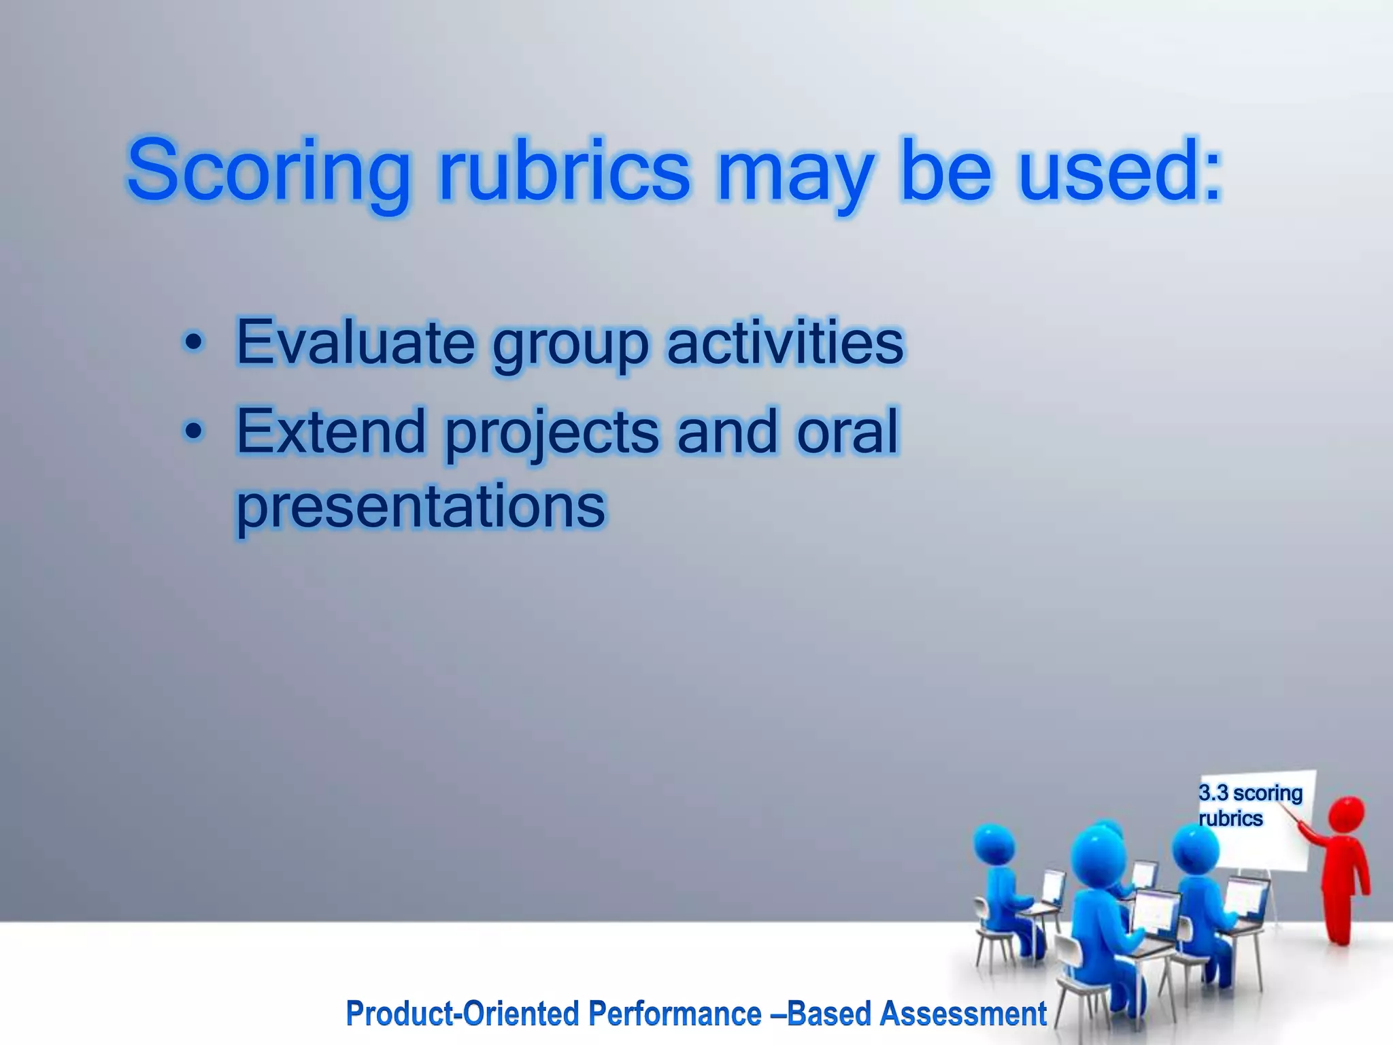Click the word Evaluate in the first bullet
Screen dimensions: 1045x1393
coord(354,342)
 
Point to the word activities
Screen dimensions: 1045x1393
coord(786,342)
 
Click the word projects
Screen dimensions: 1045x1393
coord(552,433)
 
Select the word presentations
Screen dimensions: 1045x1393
coord(420,507)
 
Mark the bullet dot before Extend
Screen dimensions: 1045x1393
coord(194,432)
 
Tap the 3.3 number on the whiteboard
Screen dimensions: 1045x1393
coord(1213,793)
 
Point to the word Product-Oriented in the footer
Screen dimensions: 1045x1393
coord(463,1013)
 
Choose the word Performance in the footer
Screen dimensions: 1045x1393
coord(675,1013)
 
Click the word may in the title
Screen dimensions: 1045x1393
coord(795,171)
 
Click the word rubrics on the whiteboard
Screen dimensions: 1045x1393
coord(1230,818)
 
